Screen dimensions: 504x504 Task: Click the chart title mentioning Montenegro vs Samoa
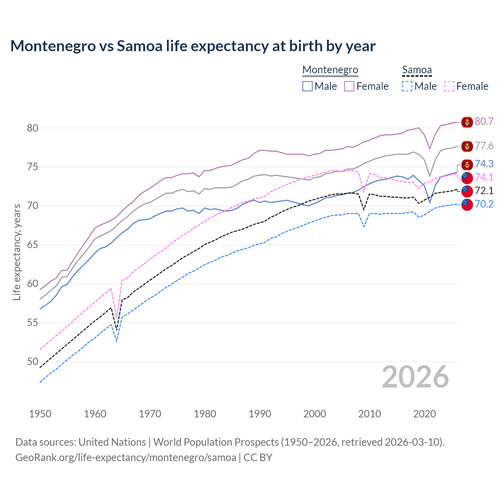pos(193,46)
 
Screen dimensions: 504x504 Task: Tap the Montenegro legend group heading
pos(330,70)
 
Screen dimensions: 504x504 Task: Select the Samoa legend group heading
pos(417,70)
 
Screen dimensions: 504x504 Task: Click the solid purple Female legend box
pos(349,86)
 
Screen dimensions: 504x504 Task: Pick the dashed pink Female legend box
pos(449,86)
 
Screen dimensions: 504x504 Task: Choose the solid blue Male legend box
pos(308,86)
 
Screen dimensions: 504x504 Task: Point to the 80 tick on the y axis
pos(32,128)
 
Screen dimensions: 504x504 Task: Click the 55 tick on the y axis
pos(32,323)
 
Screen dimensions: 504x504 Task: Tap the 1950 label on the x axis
pos(40,414)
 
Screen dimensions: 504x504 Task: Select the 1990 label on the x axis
pos(260,414)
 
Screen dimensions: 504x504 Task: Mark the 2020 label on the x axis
pos(424,414)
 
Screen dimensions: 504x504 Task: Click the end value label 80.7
pos(484,121)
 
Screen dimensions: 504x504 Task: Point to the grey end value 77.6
pos(484,146)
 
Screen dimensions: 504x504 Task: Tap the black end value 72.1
pos(484,191)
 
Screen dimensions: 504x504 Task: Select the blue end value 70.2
pos(484,204)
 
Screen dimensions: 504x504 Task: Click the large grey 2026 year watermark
pos(415,377)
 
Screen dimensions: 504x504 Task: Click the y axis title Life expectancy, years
pos(17,252)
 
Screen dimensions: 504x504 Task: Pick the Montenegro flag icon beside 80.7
pos(467,122)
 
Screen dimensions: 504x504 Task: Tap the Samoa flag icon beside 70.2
pos(467,205)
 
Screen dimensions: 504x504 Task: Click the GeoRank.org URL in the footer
pos(126,458)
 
